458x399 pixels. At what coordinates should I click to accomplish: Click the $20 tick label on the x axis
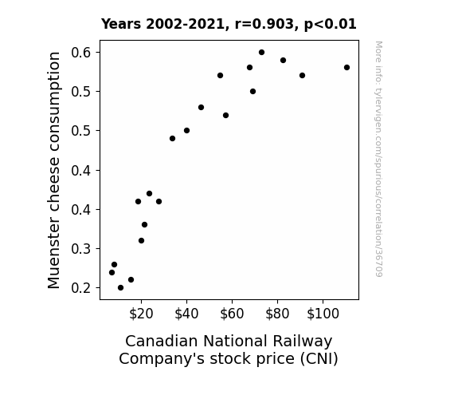click(x=141, y=314)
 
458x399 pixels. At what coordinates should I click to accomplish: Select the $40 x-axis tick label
click(x=186, y=314)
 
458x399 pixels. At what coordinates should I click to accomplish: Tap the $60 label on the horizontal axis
click(x=232, y=314)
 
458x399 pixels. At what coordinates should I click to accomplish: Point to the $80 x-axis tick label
click(x=277, y=314)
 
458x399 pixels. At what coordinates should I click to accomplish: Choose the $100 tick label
click(x=323, y=314)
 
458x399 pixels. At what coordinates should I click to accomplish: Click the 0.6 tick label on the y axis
click(x=81, y=53)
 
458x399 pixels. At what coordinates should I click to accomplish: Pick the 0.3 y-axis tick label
click(x=81, y=249)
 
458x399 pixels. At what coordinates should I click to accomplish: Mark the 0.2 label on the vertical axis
click(x=81, y=288)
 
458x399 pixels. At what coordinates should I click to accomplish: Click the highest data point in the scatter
click(x=261, y=53)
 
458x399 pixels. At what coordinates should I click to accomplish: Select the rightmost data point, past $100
click(x=346, y=68)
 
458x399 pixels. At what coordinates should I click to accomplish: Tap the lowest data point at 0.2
click(x=120, y=288)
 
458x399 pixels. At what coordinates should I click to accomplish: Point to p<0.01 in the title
click(x=331, y=25)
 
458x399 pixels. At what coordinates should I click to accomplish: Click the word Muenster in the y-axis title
click(x=54, y=253)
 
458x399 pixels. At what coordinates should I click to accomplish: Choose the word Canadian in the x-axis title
click(x=162, y=342)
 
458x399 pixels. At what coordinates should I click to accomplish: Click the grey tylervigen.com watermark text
click(x=379, y=159)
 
